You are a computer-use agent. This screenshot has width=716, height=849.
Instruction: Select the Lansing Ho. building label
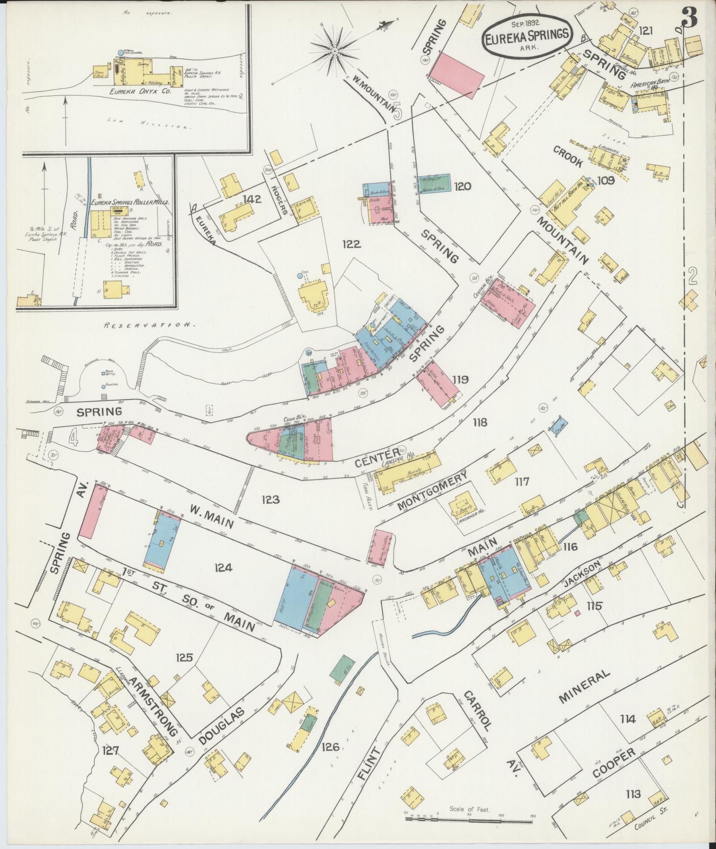click(394, 463)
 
